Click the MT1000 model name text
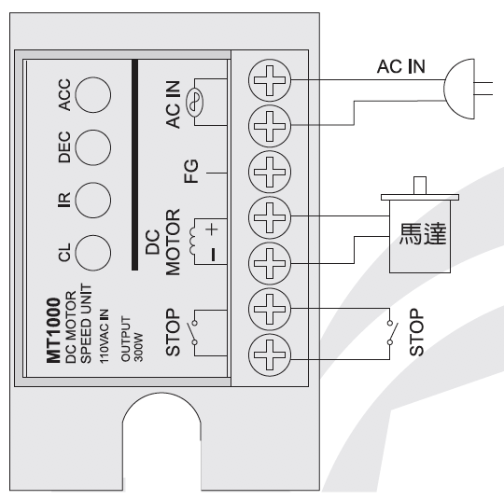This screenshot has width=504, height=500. (54, 330)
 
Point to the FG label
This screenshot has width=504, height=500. (191, 172)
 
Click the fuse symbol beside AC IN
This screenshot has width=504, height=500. (195, 103)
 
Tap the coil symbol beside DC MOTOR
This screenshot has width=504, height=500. (192, 241)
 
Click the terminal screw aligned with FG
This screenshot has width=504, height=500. (270, 172)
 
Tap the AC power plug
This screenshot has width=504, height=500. (459, 89)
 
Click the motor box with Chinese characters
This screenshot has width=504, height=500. (420, 237)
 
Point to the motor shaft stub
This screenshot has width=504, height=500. (420, 186)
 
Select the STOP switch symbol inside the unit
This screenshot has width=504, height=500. (193, 333)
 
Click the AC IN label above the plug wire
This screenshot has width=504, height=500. (400, 66)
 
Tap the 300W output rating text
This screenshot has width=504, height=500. (138, 347)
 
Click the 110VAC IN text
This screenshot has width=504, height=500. (104, 337)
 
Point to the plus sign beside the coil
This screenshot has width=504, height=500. (212, 229)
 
